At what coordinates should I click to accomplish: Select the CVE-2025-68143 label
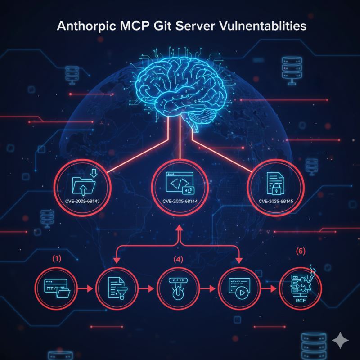[x=82, y=201]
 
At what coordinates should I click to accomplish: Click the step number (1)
[x=57, y=259]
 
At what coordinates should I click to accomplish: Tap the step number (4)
[x=179, y=259]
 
